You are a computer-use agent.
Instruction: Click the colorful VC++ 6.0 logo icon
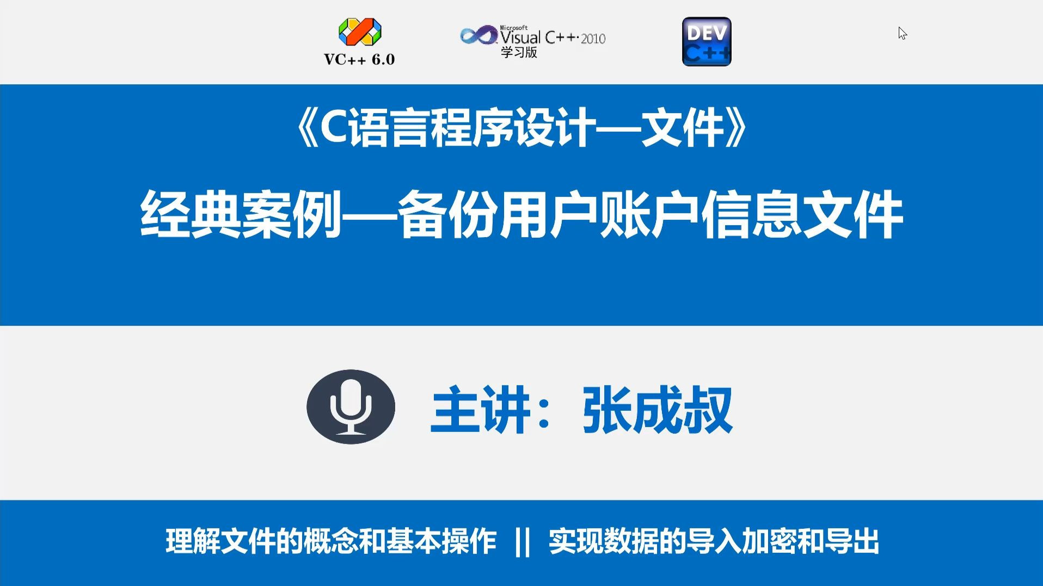coord(360,32)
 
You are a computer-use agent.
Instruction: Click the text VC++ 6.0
coord(359,59)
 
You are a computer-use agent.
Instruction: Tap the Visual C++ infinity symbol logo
coord(478,36)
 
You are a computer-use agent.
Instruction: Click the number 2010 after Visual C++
coord(593,39)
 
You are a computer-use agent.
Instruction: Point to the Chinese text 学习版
coord(519,52)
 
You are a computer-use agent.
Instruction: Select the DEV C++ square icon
coord(707,42)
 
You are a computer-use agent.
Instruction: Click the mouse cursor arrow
coord(902,33)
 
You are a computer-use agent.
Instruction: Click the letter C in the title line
coord(334,128)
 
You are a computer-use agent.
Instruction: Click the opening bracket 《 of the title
coord(306,129)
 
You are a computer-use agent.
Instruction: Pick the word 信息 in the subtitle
coord(751,214)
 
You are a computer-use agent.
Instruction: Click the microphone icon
coord(351,407)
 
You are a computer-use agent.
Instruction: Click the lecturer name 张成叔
coord(658,409)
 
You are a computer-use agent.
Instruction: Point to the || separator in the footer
coord(523,542)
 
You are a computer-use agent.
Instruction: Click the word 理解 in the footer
coord(193,542)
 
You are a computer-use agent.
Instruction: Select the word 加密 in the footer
coord(769,542)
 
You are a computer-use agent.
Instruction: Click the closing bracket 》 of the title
coord(737,129)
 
